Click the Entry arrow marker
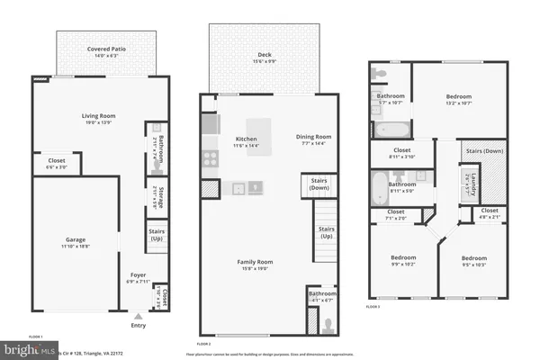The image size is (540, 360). [138, 316]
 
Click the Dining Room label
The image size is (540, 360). [313, 138]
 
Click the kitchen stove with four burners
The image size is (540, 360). [209, 159]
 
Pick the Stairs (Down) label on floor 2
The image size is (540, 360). [319, 184]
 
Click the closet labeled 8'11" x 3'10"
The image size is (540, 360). [402, 153]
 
